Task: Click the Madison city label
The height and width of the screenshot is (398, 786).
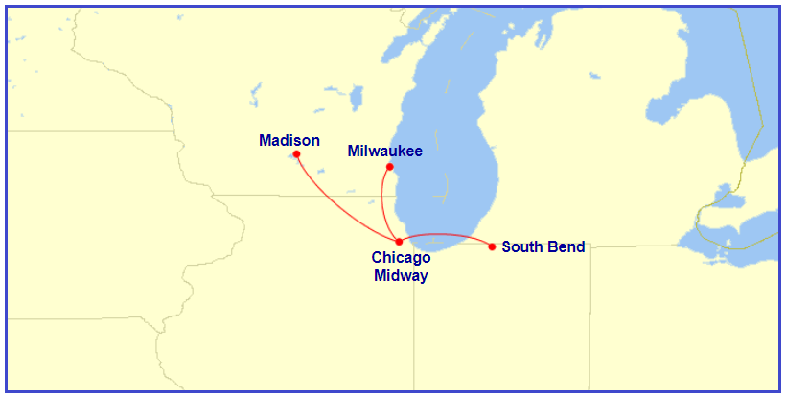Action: (x=289, y=141)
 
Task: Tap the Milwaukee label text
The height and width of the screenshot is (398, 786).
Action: (x=384, y=151)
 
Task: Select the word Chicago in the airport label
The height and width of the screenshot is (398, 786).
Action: (x=401, y=257)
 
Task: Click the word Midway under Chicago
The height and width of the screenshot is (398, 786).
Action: (x=401, y=275)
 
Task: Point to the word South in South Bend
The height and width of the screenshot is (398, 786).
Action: (x=522, y=247)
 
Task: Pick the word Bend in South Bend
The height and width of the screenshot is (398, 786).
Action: (x=566, y=247)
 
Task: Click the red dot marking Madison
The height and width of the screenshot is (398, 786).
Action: (x=297, y=154)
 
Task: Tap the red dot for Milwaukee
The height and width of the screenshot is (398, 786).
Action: (x=389, y=167)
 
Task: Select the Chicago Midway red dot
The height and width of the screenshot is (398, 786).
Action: (x=399, y=242)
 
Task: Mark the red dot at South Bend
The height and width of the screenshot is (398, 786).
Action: (x=492, y=246)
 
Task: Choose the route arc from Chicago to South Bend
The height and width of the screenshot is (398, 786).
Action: (x=446, y=234)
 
